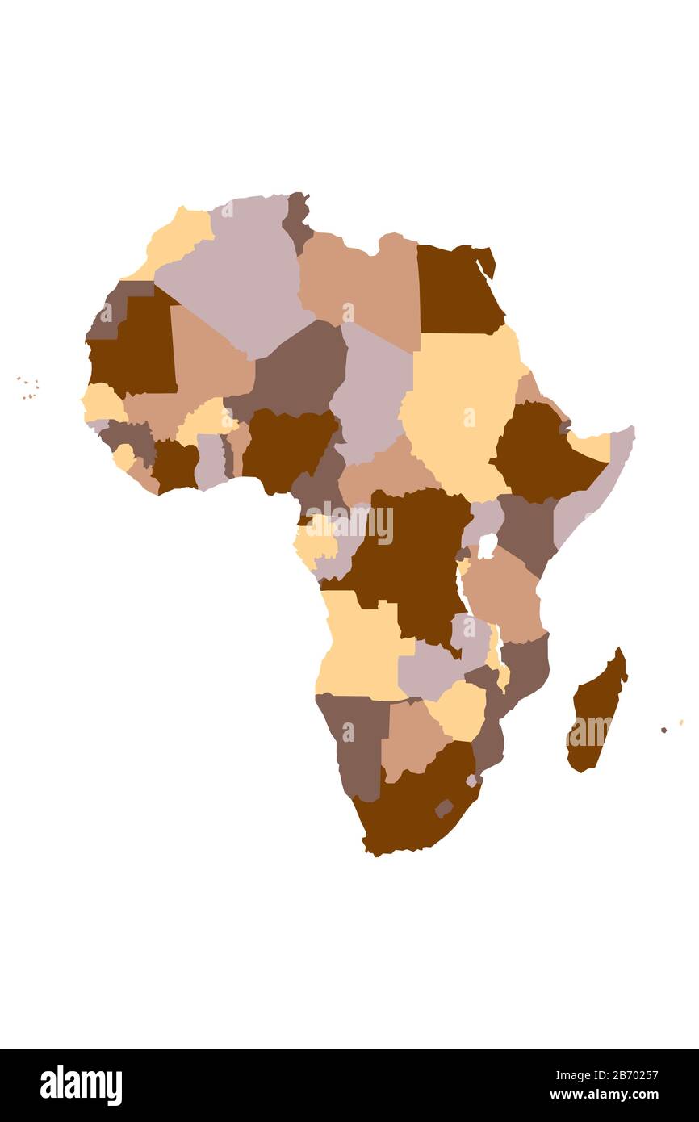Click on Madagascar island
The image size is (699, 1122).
(x=596, y=710)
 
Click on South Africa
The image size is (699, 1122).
(x=412, y=807)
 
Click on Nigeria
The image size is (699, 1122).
(x=287, y=448)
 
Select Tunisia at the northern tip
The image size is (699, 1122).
(x=296, y=218)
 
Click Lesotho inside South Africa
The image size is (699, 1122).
(x=444, y=807)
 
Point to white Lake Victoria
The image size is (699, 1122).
(x=487, y=546)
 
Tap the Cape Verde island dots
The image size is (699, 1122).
(x=28, y=388)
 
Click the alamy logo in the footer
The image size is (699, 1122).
(x=82, y=1086)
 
